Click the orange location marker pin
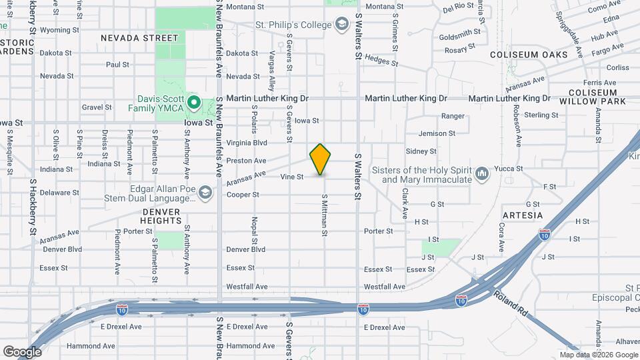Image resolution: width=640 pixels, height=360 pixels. pyautogui.click(x=321, y=159)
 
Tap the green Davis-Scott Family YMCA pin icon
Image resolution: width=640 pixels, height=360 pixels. pyautogui.click(x=194, y=103)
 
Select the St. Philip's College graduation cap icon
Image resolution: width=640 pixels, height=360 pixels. pyautogui.click(x=343, y=25)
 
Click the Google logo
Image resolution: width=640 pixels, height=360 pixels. pyautogui.click(x=22, y=351)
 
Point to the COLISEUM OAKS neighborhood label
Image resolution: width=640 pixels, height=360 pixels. pyautogui.click(x=528, y=55)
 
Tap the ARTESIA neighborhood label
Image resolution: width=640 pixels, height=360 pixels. pyautogui.click(x=522, y=215)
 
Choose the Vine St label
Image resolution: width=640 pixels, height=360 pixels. pyautogui.click(x=292, y=177)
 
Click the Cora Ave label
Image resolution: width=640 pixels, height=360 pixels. pyautogui.click(x=501, y=238)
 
